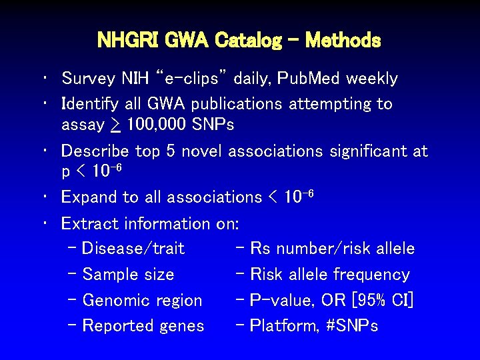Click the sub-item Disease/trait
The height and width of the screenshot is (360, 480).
(133, 249)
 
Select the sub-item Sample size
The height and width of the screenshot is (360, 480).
(128, 275)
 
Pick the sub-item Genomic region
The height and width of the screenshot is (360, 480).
(142, 301)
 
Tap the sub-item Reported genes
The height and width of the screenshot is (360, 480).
(143, 326)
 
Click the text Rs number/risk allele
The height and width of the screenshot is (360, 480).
(332, 249)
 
